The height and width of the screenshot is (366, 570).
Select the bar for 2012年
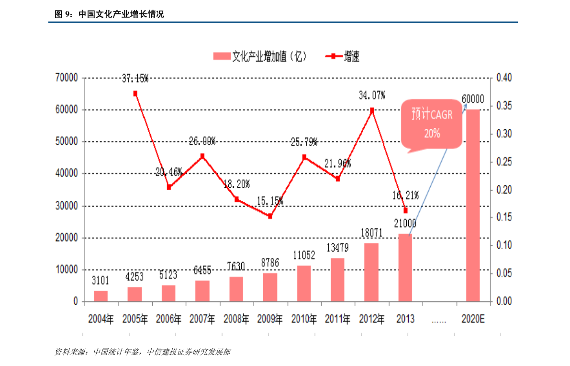(x=371, y=272)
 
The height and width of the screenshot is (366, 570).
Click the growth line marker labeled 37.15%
(x=135, y=93)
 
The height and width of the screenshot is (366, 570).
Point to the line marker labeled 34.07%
(x=372, y=110)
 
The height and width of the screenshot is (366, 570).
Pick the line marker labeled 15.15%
(x=270, y=216)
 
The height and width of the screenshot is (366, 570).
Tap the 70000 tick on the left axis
(x=67, y=78)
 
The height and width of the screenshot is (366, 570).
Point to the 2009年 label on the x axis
(x=270, y=319)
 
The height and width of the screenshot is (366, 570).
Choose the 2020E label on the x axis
(x=473, y=319)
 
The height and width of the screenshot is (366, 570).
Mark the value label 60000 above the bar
(x=473, y=100)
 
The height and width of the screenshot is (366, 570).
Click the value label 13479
(x=338, y=248)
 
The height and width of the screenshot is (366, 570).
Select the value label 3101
(x=101, y=281)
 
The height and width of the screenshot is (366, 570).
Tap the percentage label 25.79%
(x=304, y=142)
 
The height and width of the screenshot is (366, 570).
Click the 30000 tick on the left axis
(x=67, y=206)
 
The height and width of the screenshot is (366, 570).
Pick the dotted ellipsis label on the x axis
(x=439, y=320)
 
